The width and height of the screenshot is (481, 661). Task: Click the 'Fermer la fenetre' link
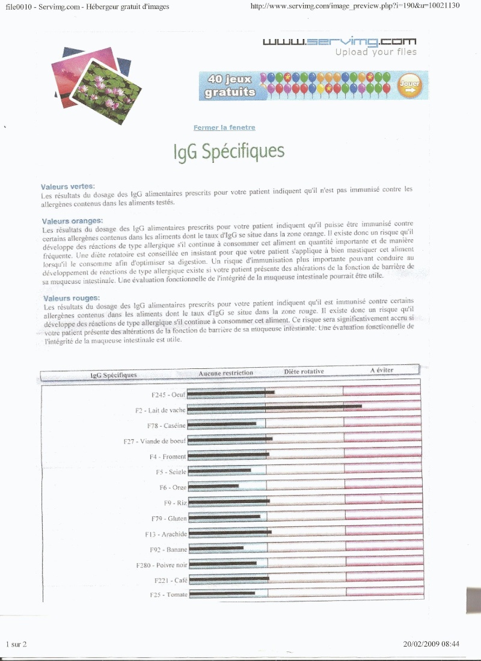click(x=224, y=128)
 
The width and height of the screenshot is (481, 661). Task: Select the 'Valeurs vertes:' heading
click(x=67, y=187)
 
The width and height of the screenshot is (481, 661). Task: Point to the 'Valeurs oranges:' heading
click(x=72, y=221)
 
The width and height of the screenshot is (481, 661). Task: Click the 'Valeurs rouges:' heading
click(x=72, y=298)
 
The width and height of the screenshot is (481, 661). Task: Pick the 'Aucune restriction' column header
click(x=226, y=373)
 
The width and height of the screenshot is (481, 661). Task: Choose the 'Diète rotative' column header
click(x=304, y=372)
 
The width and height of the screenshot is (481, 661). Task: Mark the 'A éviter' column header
click(x=382, y=370)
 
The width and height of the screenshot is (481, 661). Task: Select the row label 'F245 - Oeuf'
click(x=168, y=395)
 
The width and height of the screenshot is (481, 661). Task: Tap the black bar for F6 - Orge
click(x=214, y=486)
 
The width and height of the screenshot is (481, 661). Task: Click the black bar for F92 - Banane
click(x=216, y=548)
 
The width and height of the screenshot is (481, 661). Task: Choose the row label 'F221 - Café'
click(x=171, y=580)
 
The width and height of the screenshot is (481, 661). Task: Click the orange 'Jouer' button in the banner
click(x=410, y=85)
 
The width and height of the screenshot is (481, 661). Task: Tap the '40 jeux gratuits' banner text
click(x=230, y=86)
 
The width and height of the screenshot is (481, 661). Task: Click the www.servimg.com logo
click(x=339, y=41)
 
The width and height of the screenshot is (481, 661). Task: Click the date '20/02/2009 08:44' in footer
click(x=431, y=644)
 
